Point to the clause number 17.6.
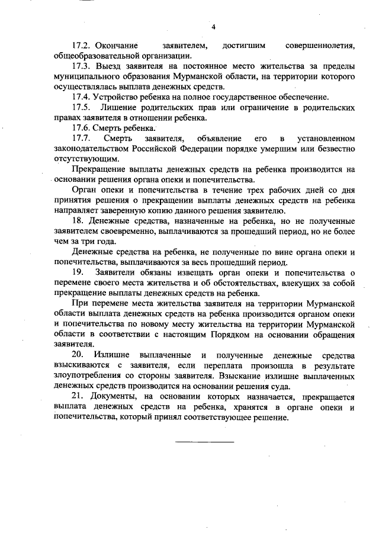[x=80, y=128]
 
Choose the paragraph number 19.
[x=77, y=272]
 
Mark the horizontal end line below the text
[x=204, y=441]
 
